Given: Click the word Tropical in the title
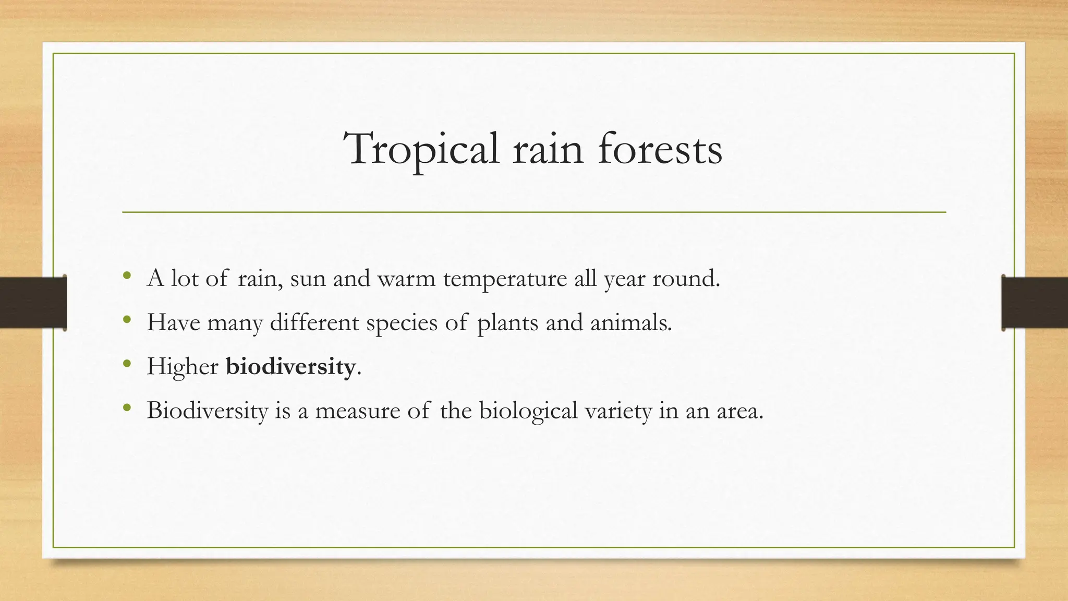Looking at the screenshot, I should pyautogui.click(x=421, y=150).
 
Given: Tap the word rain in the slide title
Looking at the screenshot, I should pyautogui.click(x=548, y=150).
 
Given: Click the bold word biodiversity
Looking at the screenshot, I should pyautogui.click(x=290, y=366).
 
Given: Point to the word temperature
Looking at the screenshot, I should pyautogui.click(x=505, y=279).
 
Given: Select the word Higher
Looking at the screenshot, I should pyautogui.click(x=183, y=367).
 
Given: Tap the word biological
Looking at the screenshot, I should pyautogui.click(x=528, y=411).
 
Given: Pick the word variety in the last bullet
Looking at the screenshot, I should pyautogui.click(x=618, y=411).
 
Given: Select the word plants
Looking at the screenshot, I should pyautogui.click(x=507, y=323).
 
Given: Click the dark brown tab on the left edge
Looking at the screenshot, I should pyautogui.click(x=33, y=303).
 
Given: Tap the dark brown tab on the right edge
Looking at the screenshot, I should pyautogui.click(x=1035, y=303).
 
